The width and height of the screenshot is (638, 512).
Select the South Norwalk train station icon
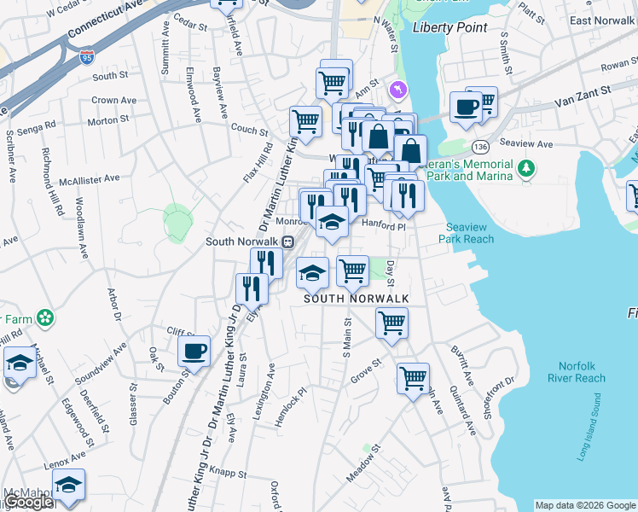[x=288, y=241]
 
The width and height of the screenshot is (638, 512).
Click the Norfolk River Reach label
[x=577, y=371]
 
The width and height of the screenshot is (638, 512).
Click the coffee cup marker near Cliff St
[x=194, y=351]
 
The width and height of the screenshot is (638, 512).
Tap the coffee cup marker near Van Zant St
[x=466, y=107]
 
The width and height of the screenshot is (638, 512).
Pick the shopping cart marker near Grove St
[x=413, y=377]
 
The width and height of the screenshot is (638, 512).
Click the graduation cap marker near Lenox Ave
[x=68, y=484]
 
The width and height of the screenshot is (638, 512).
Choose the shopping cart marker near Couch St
[x=304, y=121]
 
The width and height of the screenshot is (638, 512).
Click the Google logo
[x=28, y=503]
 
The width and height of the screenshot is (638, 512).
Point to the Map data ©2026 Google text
[x=584, y=505]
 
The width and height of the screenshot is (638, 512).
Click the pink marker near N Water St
[x=397, y=89]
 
